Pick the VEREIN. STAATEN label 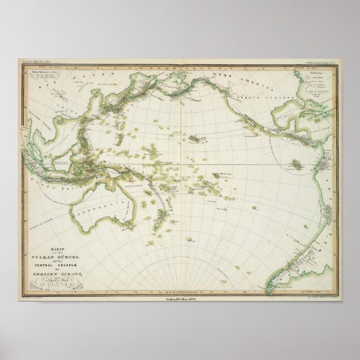[266, 105]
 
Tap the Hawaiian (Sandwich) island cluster [198, 139]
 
